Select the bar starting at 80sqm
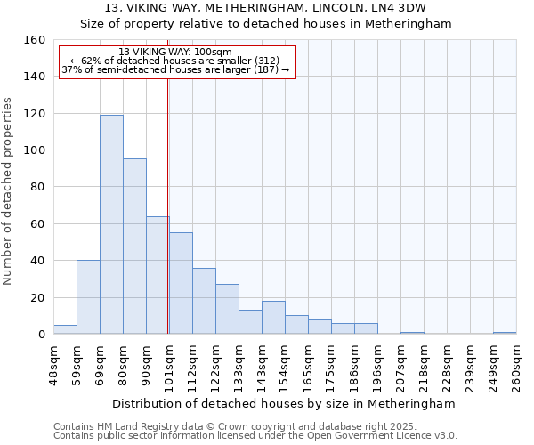[134, 247]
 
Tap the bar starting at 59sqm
[88, 297]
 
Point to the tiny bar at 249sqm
[505, 333]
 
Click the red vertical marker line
[168, 205]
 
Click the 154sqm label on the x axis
[285, 365]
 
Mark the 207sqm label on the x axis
[400, 365]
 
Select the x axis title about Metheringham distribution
[285, 403]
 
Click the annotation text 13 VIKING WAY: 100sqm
[175, 52]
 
